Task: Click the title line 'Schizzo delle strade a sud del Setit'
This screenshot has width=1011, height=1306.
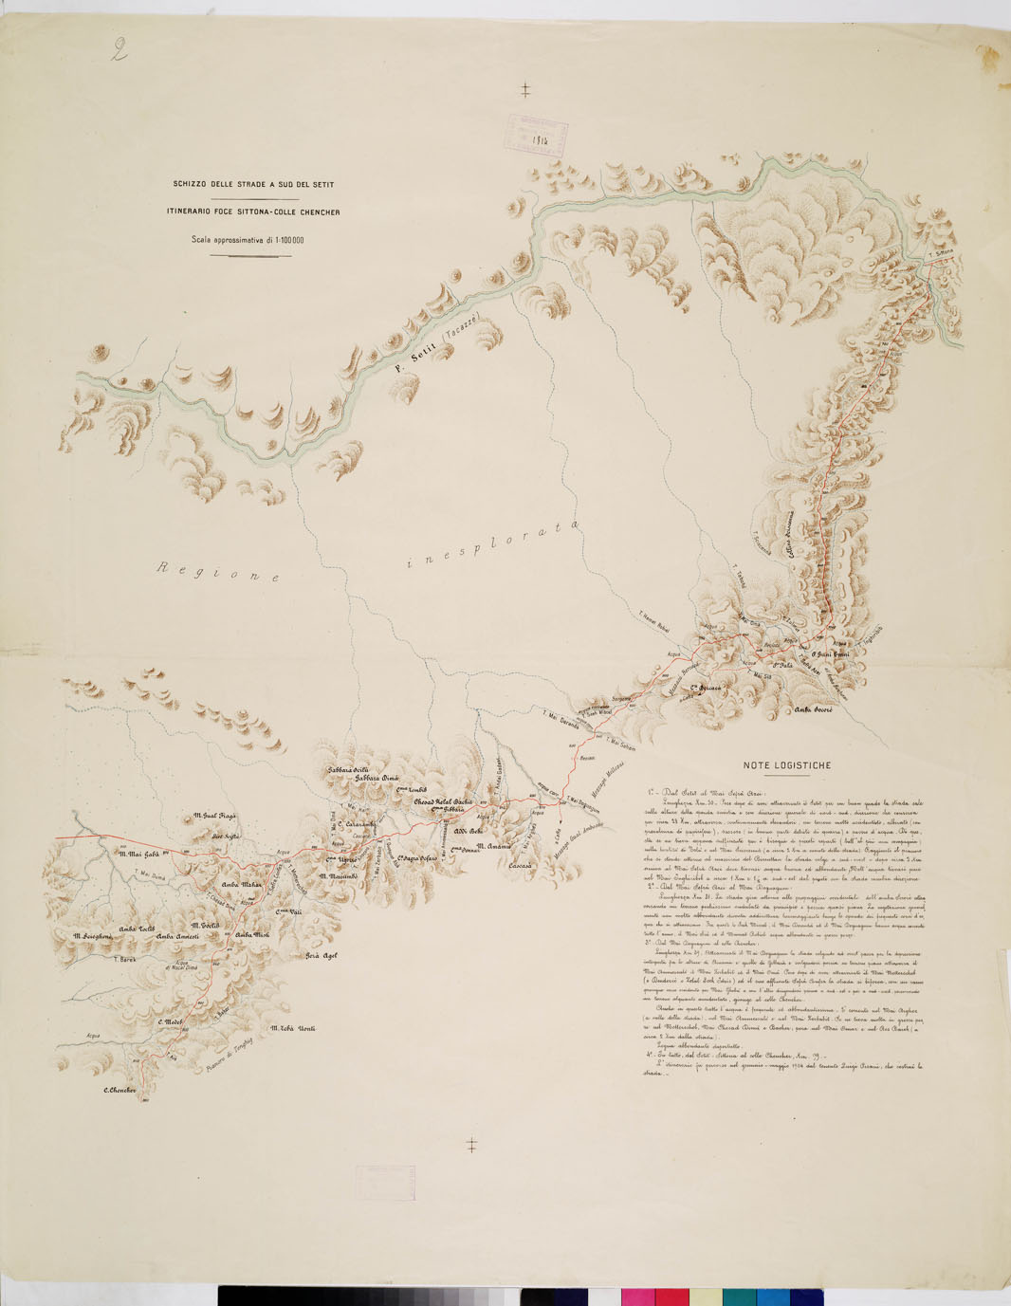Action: coord(252,184)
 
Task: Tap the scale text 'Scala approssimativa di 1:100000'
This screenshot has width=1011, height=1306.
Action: coord(248,240)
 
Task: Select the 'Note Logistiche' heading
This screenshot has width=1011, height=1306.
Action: coord(786,765)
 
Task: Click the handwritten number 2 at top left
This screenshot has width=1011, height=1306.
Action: coord(119,49)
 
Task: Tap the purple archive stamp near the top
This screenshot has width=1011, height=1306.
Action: coord(535,134)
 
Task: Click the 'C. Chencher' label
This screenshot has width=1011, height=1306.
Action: coord(119,1091)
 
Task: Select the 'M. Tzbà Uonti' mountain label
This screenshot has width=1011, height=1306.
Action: coord(293,1028)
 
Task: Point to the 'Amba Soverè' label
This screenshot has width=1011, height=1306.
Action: coord(813,709)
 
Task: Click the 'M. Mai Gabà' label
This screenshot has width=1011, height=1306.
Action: coord(138,854)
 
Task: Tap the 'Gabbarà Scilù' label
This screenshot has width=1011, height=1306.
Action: coord(347,769)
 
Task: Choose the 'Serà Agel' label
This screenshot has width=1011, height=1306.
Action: coord(321,955)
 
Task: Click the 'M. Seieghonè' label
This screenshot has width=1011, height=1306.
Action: coord(92,935)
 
